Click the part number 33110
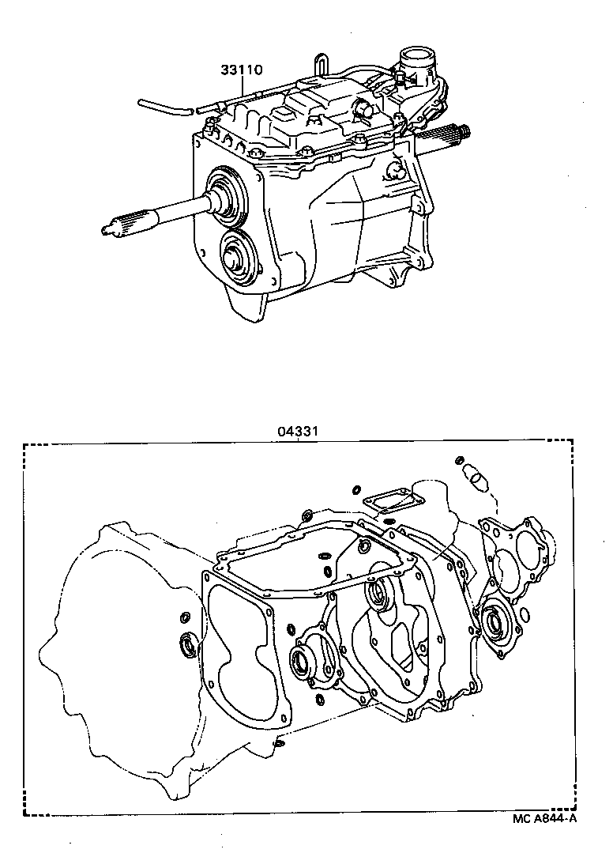[241, 70]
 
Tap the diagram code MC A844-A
[544, 818]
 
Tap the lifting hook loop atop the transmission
[320, 63]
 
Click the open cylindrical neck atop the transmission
[416, 60]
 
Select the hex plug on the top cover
[363, 110]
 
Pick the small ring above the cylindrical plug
[460, 460]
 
